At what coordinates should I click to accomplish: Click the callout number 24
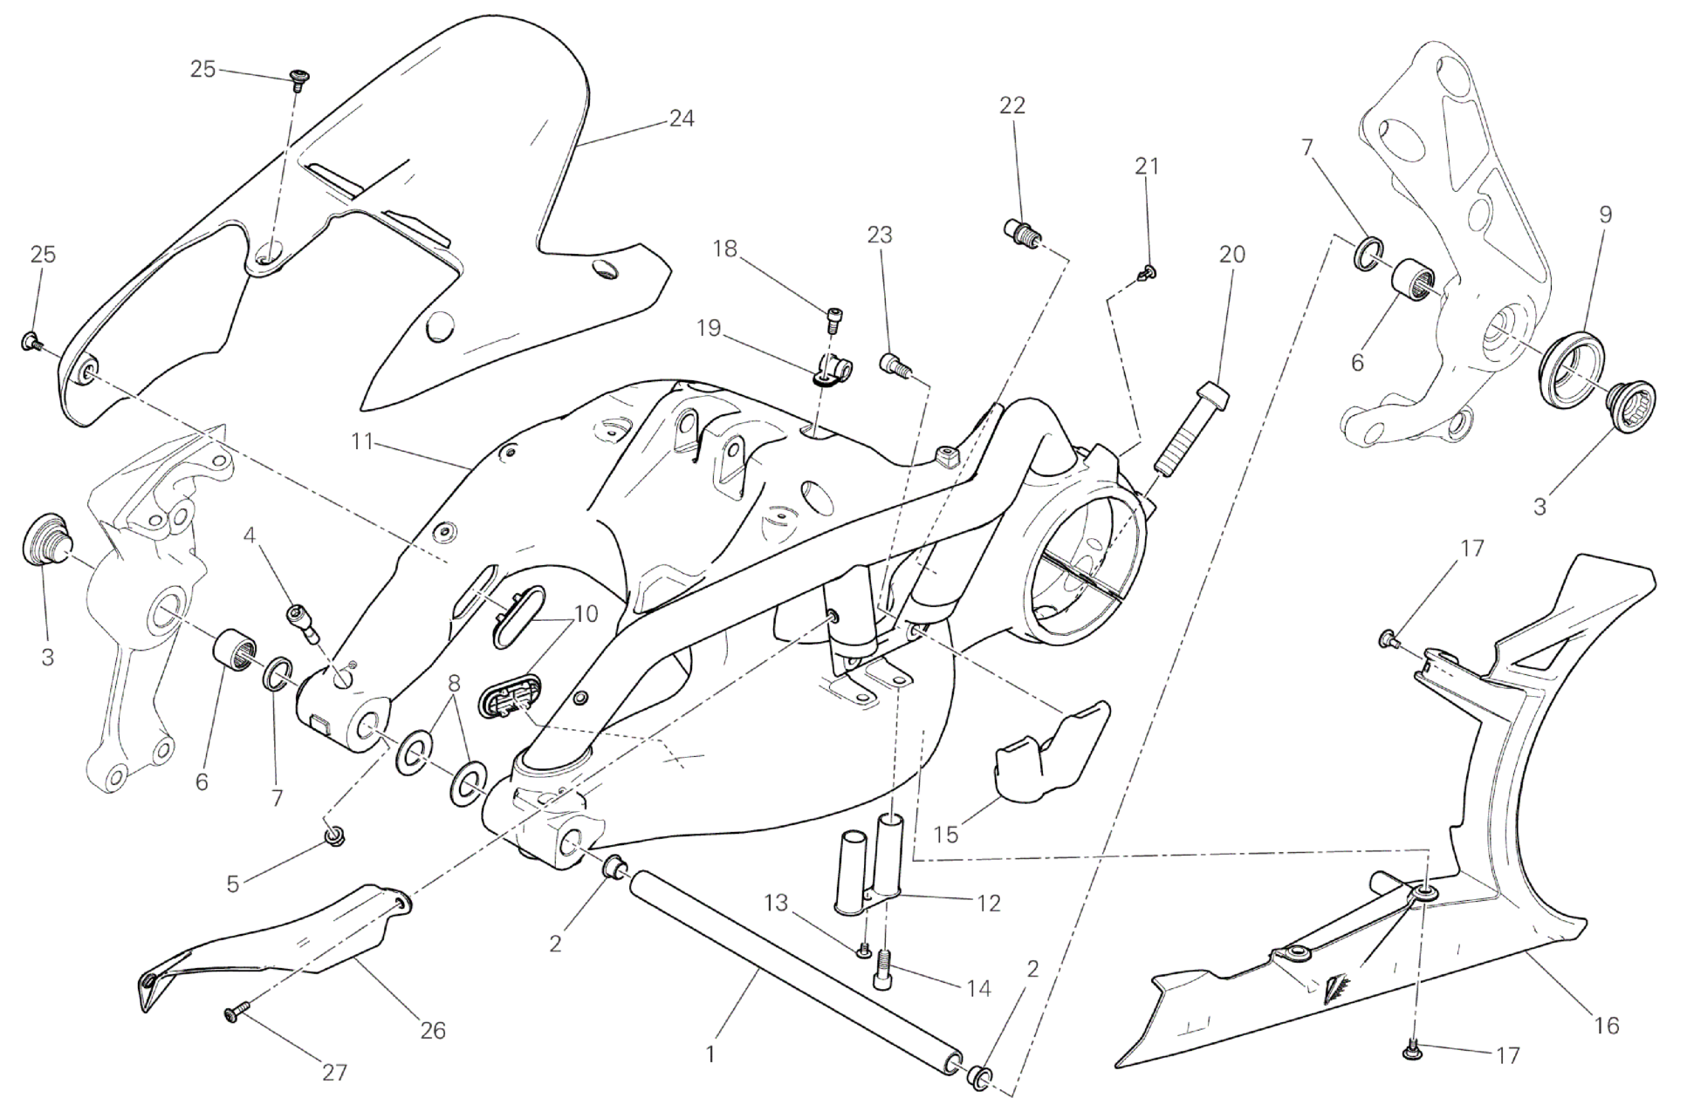point(681,119)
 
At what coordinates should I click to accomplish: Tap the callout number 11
point(362,442)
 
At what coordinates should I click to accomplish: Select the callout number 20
point(1232,255)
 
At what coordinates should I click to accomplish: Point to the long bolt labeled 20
point(1192,427)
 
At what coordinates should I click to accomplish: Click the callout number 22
point(1012,105)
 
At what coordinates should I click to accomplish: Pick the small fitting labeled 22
point(1018,233)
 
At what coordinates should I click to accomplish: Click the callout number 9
point(1605,214)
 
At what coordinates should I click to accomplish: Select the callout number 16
point(1606,1026)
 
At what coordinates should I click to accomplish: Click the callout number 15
point(945,834)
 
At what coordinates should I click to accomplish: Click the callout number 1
point(710,1054)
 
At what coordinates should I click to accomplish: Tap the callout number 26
point(433,1031)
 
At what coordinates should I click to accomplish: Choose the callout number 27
point(334,1073)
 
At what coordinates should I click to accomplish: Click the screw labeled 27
point(235,1012)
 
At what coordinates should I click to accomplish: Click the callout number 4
point(250,535)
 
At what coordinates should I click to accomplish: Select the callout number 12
point(988,903)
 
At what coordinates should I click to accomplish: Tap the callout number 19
point(710,328)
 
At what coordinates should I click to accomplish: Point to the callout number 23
point(880,235)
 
